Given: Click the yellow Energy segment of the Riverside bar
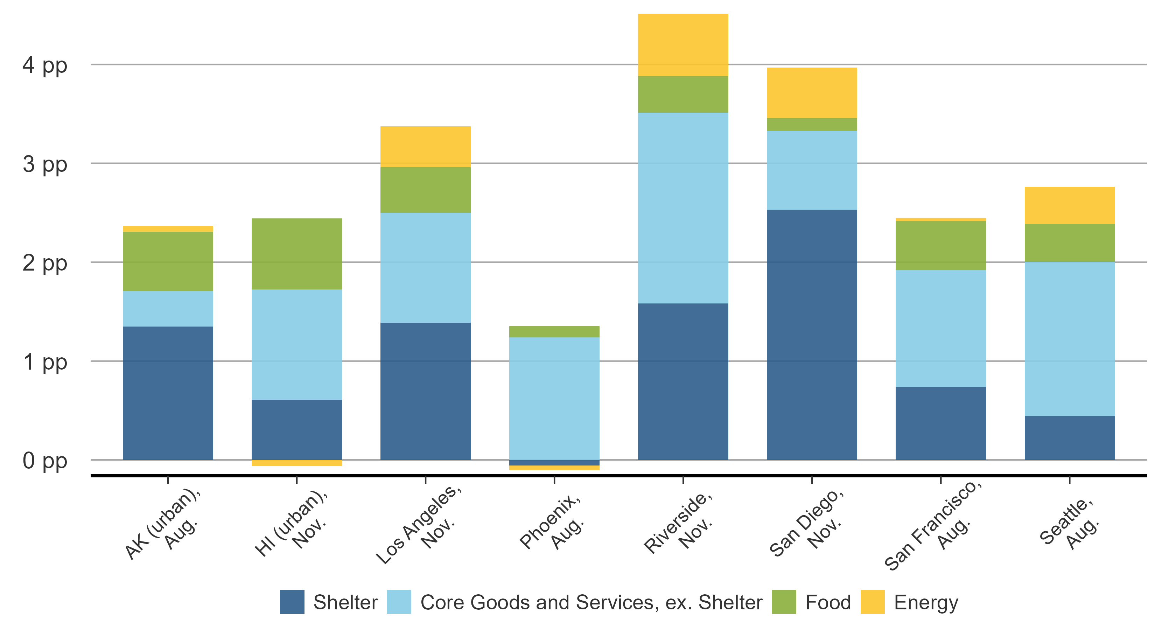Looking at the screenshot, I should (683, 45).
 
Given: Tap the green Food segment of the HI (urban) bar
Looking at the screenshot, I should (296, 254).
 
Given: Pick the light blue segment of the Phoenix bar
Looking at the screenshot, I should (554, 398).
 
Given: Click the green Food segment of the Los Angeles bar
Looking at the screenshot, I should (425, 190).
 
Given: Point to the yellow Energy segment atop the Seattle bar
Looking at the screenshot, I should (1069, 205).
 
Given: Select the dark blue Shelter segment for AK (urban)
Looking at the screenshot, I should (168, 393).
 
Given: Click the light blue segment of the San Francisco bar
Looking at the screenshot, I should (940, 328).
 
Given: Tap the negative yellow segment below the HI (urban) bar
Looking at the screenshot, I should (296, 463).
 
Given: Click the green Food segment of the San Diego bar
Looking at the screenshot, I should (812, 124).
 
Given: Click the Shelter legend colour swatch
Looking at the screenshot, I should (292, 602).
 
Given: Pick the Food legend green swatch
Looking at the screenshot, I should (784, 602).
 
